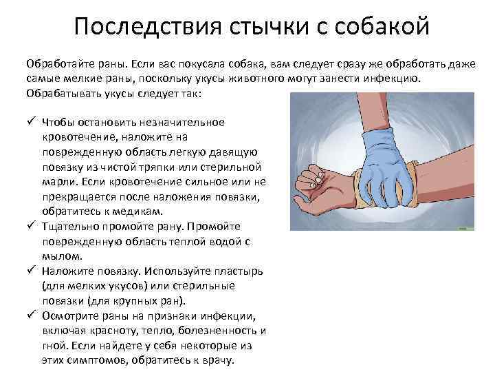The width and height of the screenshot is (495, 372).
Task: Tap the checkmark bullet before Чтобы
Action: (31, 121)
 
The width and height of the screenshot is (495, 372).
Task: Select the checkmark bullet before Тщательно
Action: (31, 226)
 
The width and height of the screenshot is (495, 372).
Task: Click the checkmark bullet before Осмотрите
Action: (31, 316)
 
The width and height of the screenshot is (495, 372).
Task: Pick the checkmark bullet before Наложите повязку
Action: (31, 271)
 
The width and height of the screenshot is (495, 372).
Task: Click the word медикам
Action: (140, 211)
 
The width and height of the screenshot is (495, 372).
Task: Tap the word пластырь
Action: (233, 271)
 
